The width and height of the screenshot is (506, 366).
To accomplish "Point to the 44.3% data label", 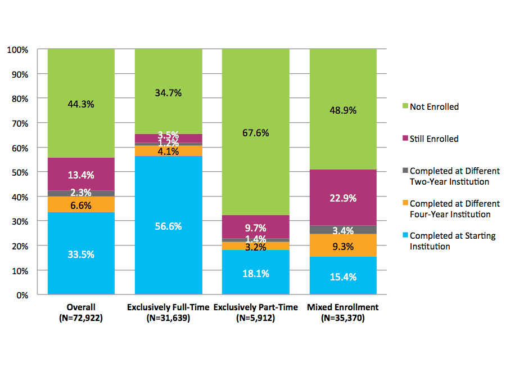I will pyautogui.click(x=81, y=104).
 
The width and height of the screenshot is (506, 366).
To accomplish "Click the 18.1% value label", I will pyautogui.click(x=255, y=274).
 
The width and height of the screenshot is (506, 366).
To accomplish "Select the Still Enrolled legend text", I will pyautogui.click(x=434, y=139).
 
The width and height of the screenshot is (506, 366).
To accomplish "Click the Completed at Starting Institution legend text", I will pyautogui.click(x=453, y=241).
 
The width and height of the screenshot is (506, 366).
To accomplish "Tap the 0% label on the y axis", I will pyautogui.click(x=22, y=295).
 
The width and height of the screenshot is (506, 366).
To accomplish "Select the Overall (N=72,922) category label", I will pyautogui.click(x=81, y=313).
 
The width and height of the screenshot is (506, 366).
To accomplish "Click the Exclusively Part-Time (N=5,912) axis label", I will pyautogui.click(x=255, y=313).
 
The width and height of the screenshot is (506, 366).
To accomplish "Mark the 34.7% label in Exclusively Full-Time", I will pyautogui.click(x=168, y=93).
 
